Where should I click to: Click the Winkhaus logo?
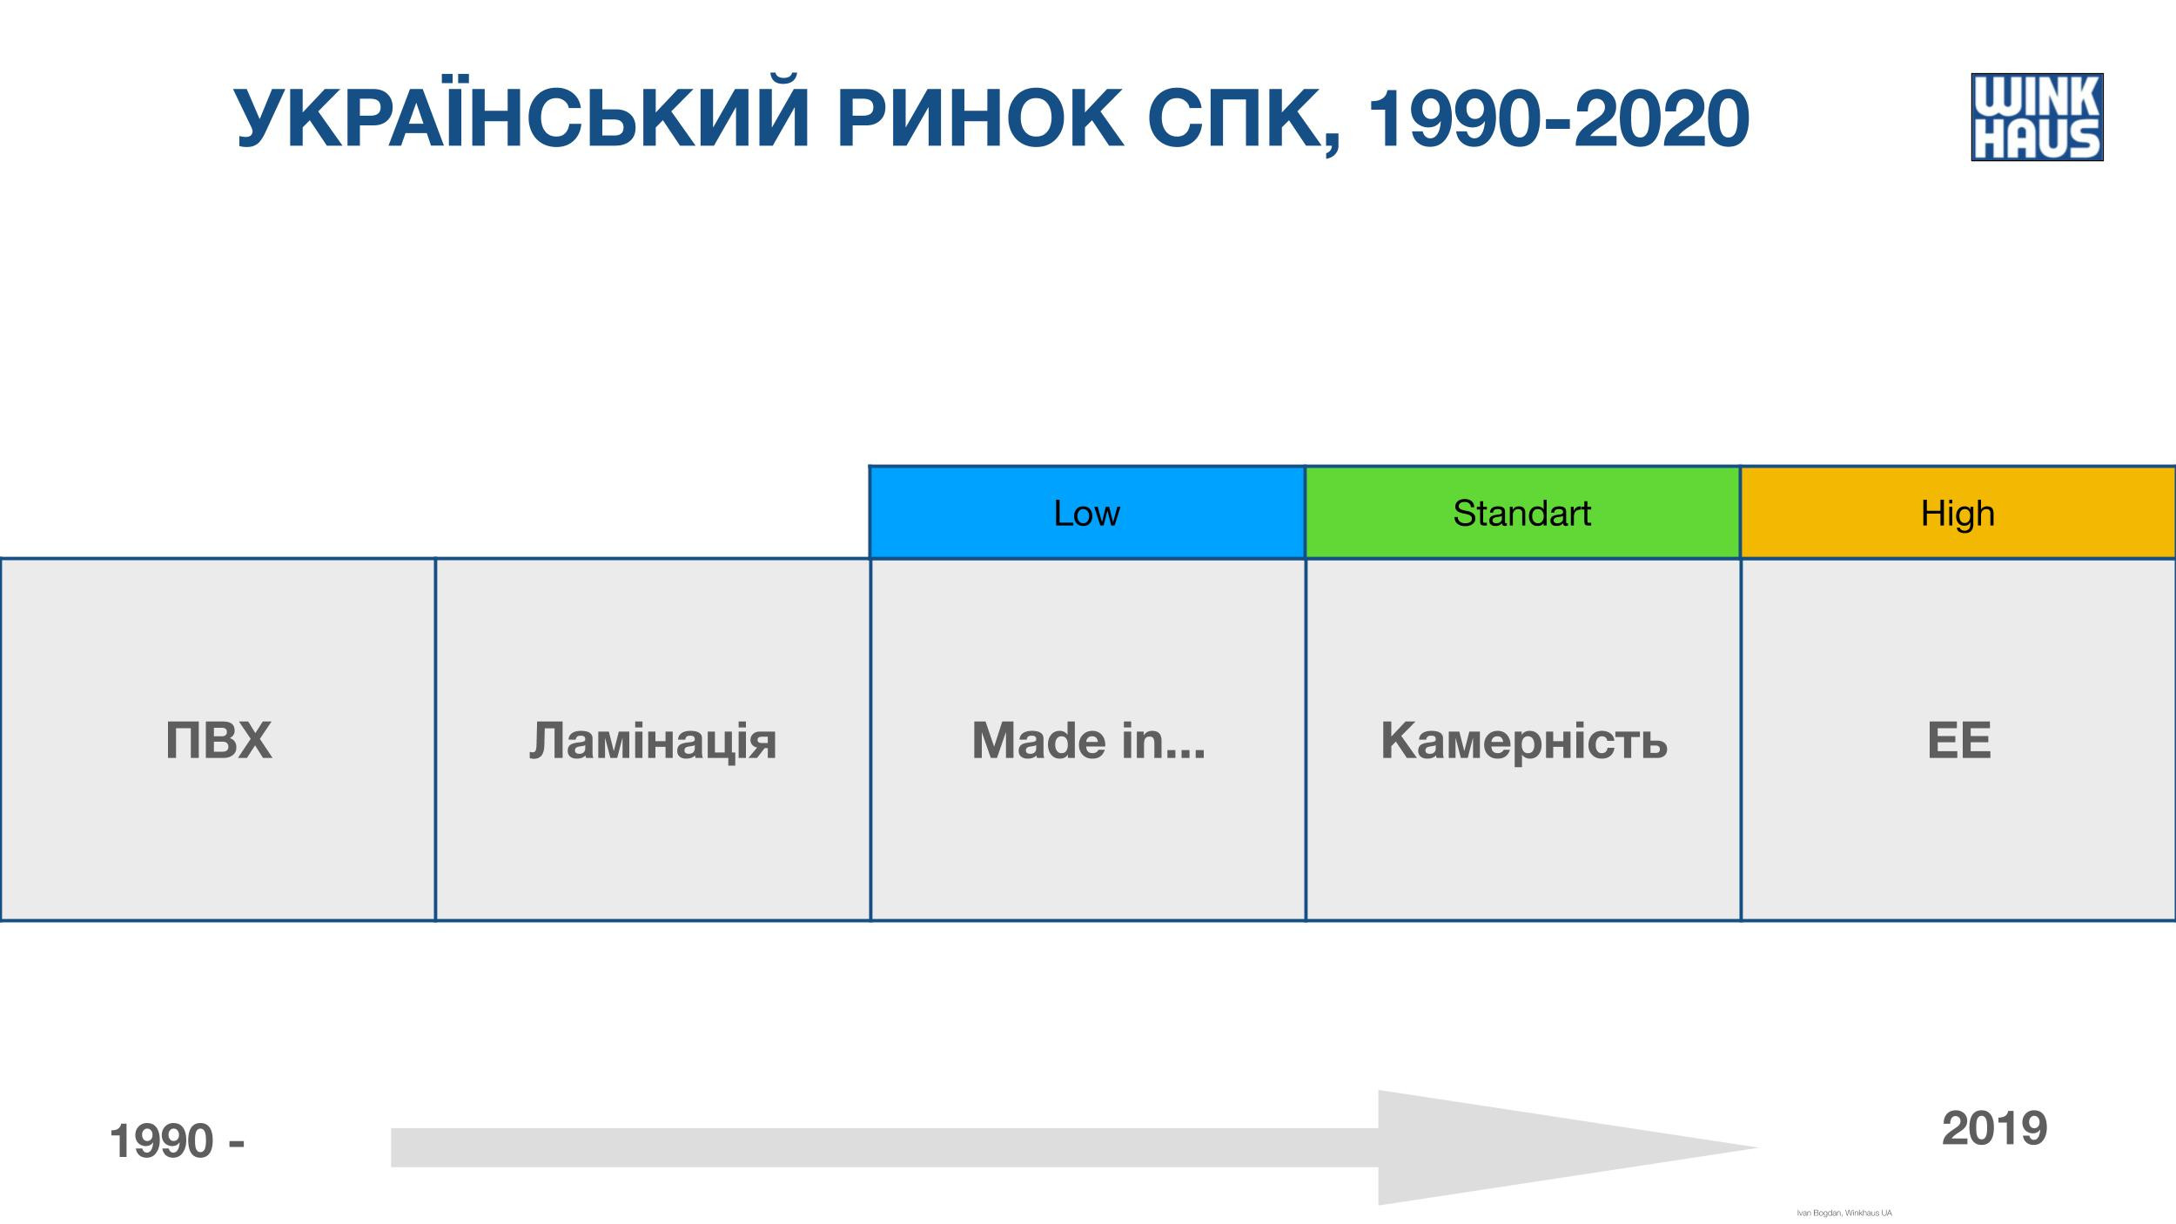2037,118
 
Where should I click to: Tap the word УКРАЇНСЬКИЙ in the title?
523,119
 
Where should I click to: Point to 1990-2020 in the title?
1559,121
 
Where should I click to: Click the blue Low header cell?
1087,513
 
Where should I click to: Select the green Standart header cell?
1522,513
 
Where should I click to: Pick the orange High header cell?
1958,513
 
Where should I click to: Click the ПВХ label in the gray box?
218,741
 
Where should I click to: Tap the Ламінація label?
653,741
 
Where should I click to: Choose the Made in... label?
1088,741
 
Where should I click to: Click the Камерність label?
1523,741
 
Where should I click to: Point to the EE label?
1959,741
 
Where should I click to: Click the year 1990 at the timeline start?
162,1141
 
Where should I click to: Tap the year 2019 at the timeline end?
1994,1129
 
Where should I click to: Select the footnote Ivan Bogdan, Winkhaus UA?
1844,1213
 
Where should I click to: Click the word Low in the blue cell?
1087,514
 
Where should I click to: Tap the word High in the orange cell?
1958,514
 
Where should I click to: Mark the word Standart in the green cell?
1522,514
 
